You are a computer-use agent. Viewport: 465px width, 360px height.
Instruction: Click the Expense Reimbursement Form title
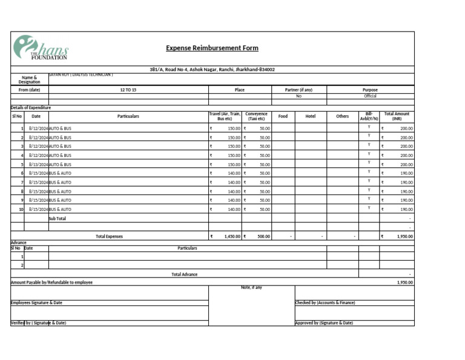point(212,48)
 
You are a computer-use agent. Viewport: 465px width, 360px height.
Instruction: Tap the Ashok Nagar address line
point(212,70)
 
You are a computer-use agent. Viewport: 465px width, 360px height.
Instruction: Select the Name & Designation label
point(29,79)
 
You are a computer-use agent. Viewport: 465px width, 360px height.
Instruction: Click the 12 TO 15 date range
point(128,90)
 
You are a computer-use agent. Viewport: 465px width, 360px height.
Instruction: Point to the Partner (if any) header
point(298,90)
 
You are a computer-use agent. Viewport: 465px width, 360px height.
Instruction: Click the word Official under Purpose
point(370,96)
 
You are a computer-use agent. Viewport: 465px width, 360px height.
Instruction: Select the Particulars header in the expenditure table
point(128,116)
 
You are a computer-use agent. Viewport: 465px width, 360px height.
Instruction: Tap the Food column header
point(283,116)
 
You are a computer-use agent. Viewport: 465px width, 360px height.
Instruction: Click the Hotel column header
point(311,116)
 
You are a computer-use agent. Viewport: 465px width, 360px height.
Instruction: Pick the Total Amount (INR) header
point(397,116)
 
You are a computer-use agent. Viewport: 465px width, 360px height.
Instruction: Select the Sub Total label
point(57,218)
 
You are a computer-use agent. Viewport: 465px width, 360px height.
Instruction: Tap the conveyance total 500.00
point(263,236)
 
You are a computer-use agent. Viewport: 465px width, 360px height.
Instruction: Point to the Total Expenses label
point(109,236)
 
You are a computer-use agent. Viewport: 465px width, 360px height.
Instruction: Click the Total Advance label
point(184,275)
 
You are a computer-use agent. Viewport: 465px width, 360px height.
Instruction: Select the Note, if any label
point(251,287)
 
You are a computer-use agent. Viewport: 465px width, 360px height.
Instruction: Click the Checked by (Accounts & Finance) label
point(325,302)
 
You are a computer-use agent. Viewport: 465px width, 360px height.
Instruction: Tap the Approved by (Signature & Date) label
point(324,323)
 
